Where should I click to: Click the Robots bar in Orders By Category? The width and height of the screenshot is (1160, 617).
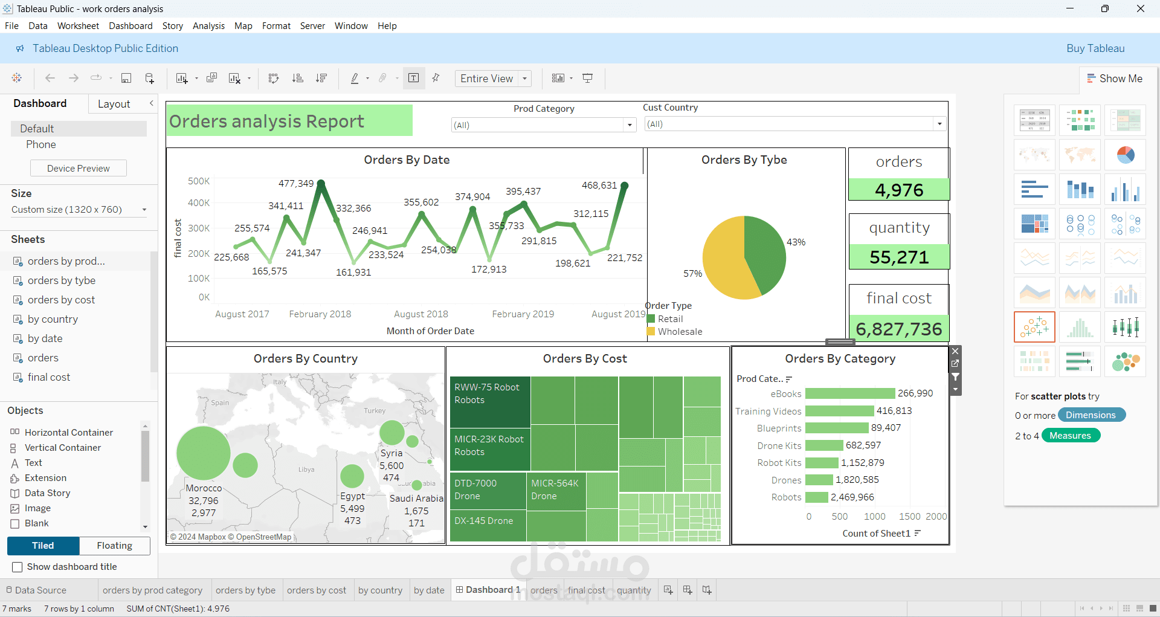pyautogui.click(x=817, y=497)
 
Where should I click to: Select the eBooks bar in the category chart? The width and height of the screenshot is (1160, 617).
pyautogui.click(x=849, y=393)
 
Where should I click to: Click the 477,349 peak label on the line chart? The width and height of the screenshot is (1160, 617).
pyautogui.click(x=295, y=184)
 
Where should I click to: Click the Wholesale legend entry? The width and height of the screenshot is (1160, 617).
pyautogui.click(x=680, y=332)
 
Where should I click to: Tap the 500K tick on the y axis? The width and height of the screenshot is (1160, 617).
pyautogui.click(x=199, y=181)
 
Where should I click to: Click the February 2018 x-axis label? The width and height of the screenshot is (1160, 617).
pyautogui.click(x=320, y=314)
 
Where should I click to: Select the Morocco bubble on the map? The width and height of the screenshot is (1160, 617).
pyautogui.click(x=203, y=453)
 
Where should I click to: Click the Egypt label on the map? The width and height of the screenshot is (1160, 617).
pyautogui.click(x=352, y=496)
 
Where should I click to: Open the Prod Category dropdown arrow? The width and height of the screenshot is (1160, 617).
pyautogui.click(x=630, y=125)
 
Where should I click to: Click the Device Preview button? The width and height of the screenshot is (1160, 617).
pyautogui.click(x=79, y=169)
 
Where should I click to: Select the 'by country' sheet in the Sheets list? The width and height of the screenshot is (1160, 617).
pyautogui.click(x=53, y=319)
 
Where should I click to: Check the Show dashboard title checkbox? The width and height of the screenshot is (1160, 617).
pyautogui.click(x=18, y=567)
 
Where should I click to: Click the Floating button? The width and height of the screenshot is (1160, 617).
pyautogui.click(x=114, y=546)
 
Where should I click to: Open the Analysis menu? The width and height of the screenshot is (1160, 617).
pyautogui.click(x=208, y=26)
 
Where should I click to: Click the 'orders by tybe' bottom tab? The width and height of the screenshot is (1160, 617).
pyautogui.click(x=245, y=590)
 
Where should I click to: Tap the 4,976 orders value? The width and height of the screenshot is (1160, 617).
pyautogui.click(x=898, y=190)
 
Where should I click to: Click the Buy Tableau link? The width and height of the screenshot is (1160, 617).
pyautogui.click(x=1095, y=48)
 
